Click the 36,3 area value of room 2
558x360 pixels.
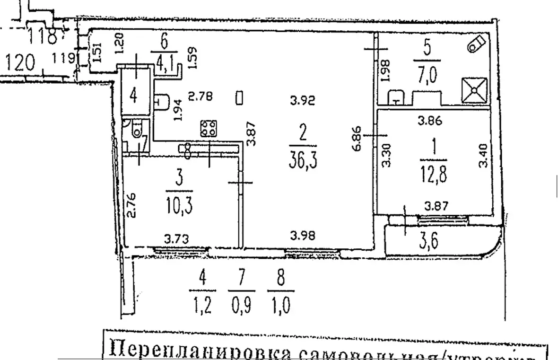[x=302, y=159]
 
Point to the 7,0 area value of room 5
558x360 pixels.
[x=427, y=75]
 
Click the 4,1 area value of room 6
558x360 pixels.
[x=164, y=61]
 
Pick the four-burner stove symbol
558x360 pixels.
[x=209, y=128]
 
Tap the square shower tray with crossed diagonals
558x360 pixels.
[x=475, y=90]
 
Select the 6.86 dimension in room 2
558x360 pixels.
[x=358, y=138]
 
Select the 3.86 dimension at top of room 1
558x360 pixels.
[x=430, y=121]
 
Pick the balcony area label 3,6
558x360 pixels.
[x=428, y=242]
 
